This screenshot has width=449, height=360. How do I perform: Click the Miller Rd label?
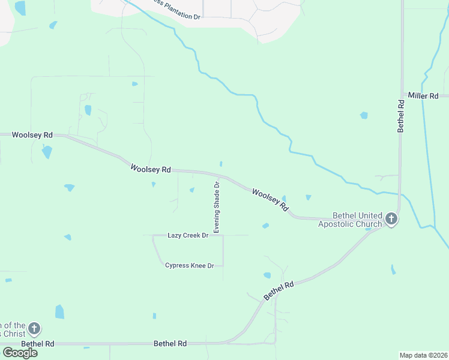pyautogui.click(x=428, y=95)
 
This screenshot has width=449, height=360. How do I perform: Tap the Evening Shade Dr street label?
pyautogui.click(x=217, y=207)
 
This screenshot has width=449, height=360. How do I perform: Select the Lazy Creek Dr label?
pyautogui.click(x=188, y=235)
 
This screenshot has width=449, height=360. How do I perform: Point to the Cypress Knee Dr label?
pyautogui.click(x=190, y=265)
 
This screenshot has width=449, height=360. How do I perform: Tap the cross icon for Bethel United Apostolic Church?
pyautogui.click(x=391, y=219)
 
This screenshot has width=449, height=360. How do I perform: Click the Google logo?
pyautogui.click(x=20, y=353)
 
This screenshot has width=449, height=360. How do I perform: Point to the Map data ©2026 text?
pyautogui.click(x=424, y=355)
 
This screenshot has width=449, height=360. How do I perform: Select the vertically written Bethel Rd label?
pyautogui.click(x=401, y=116)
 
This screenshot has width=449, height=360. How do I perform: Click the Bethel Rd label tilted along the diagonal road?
pyautogui.click(x=279, y=291)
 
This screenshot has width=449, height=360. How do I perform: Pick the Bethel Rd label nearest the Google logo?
pyautogui.click(x=38, y=344)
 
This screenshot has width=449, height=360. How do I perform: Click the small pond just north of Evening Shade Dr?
pyautogui.click(x=221, y=164)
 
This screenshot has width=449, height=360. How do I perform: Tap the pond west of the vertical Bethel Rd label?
pyautogui.click(x=364, y=115)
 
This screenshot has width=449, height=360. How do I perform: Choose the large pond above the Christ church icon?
pyautogui.click(x=59, y=312)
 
